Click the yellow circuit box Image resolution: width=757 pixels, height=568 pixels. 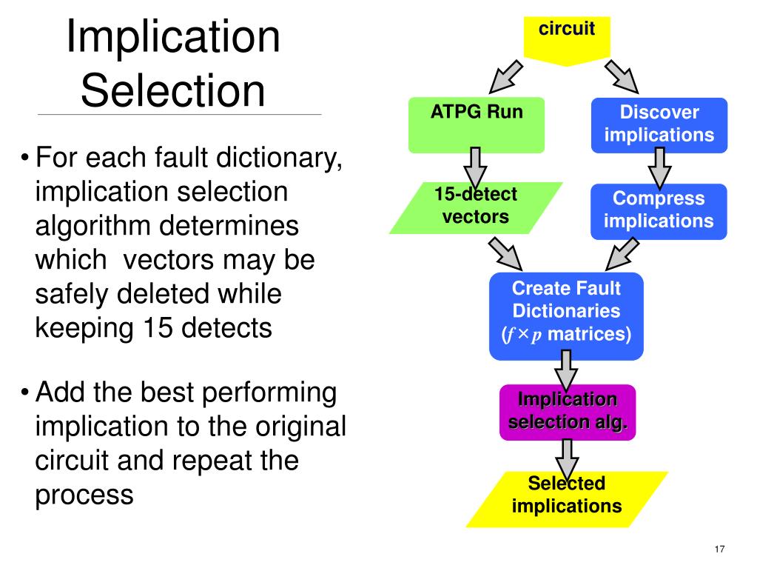coord(567,39)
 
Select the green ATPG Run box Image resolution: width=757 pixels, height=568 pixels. coord(477,125)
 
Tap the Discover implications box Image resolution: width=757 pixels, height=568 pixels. coord(659,125)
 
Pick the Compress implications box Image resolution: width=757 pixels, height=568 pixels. coord(659,212)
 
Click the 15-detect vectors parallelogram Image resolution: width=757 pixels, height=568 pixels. coord(476,207)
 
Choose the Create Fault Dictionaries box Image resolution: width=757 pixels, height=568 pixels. coord(566,316)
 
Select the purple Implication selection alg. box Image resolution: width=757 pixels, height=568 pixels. coord(568,412)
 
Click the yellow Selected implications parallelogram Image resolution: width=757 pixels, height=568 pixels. coord(567,499)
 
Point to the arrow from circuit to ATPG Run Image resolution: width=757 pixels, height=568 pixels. coord(505,77)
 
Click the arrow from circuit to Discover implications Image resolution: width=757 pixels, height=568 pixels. coord(622,77)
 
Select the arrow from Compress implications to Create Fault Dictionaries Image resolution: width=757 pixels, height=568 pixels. coord(622,254)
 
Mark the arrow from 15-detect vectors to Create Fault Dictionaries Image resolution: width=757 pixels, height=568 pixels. coord(505,254)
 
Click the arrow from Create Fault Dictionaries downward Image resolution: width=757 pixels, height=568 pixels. coord(566,370)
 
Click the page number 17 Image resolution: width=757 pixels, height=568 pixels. coord(719,549)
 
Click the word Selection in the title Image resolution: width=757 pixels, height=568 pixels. coord(173,90)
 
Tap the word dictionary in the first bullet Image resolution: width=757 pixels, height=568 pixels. coord(279,158)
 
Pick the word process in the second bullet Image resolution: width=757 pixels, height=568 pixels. coord(84,495)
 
